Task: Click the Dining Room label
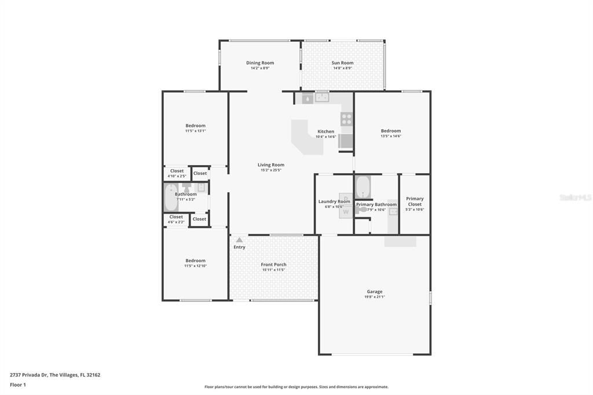click(x=260, y=63)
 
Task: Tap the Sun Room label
click(x=342, y=63)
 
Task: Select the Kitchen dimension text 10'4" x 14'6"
click(x=325, y=137)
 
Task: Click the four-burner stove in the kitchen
click(x=346, y=119)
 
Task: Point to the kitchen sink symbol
click(x=322, y=98)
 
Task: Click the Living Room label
click(x=270, y=165)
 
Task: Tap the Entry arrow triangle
click(x=239, y=240)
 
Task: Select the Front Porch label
click(x=273, y=265)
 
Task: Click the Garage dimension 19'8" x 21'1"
click(x=374, y=297)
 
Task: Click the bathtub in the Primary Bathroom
click(x=363, y=186)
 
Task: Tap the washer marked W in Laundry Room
click(x=346, y=212)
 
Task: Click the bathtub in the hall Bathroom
click(x=171, y=197)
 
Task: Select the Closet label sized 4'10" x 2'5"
click(x=177, y=171)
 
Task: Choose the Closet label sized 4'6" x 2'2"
click(x=176, y=217)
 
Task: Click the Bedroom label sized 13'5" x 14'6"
click(x=391, y=131)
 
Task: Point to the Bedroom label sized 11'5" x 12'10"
click(x=195, y=261)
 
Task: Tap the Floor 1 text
click(x=18, y=385)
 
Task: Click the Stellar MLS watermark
click(x=575, y=197)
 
